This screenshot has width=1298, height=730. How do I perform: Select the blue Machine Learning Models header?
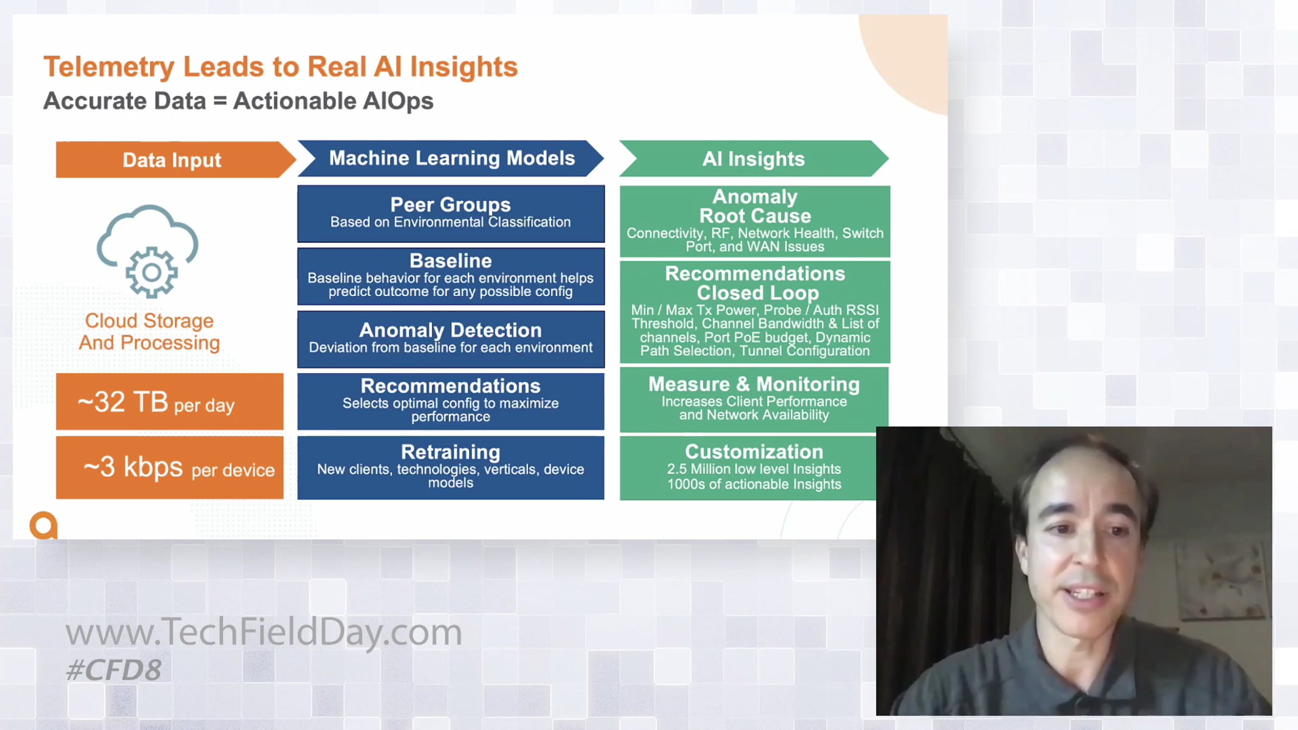(451, 158)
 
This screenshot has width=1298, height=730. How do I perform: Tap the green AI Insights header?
(754, 158)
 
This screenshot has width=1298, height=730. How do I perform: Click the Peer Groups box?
(451, 214)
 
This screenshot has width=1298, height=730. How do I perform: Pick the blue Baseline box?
(451, 276)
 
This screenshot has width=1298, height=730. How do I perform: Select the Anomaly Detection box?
(451, 339)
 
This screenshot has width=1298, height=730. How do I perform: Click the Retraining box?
(451, 468)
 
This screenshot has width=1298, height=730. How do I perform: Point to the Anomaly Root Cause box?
(755, 221)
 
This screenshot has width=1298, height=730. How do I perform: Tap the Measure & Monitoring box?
(754, 400)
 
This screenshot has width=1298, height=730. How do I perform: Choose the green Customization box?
(748, 468)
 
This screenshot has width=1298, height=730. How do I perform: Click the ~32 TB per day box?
(170, 402)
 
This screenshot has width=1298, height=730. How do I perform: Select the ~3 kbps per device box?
(170, 468)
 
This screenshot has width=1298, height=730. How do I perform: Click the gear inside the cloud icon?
(151, 272)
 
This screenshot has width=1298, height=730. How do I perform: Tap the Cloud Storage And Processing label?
(149, 331)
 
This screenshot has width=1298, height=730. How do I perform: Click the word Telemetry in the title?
(109, 68)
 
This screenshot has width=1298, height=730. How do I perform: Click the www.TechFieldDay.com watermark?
(264, 632)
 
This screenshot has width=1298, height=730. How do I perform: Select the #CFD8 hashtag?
(114, 671)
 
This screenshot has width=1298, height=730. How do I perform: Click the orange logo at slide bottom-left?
(44, 525)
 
